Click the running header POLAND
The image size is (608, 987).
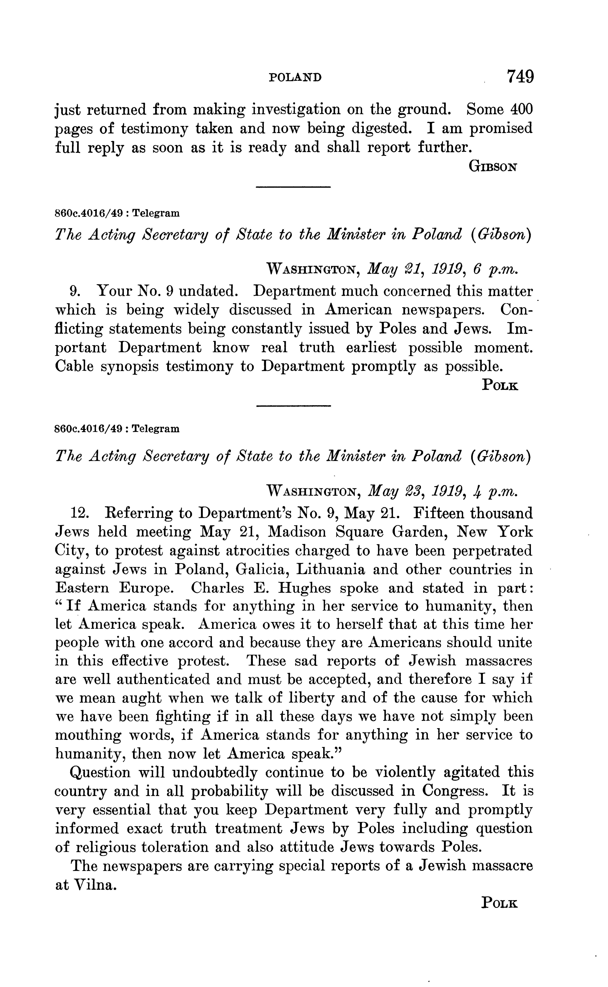pyautogui.click(x=295, y=77)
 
